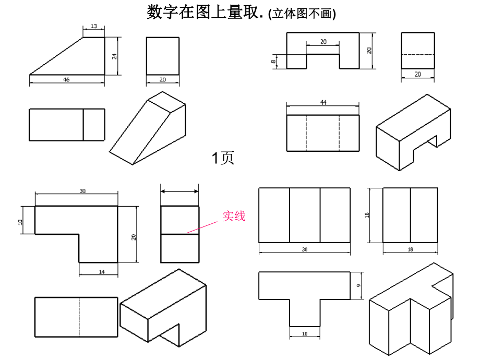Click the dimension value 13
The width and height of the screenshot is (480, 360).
(x=94, y=26)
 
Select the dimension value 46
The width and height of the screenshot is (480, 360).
(x=66, y=79)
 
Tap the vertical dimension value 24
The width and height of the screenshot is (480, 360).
(x=114, y=56)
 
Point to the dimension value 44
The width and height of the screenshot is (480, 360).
(x=323, y=103)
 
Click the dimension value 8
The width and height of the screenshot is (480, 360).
(x=273, y=62)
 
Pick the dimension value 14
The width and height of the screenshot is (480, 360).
(x=102, y=271)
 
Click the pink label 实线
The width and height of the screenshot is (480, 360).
(x=234, y=216)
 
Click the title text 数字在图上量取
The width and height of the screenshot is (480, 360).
(x=206, y=12)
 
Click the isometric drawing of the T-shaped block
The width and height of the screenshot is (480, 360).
(x=411, y=313)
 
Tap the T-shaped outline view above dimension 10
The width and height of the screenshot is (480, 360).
(x=304, y=292)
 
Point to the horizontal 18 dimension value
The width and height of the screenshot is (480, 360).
(x=410, y=250)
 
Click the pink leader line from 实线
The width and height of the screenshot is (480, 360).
(x=202, y=227)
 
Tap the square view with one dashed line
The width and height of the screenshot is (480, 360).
(x=417, y=50)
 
